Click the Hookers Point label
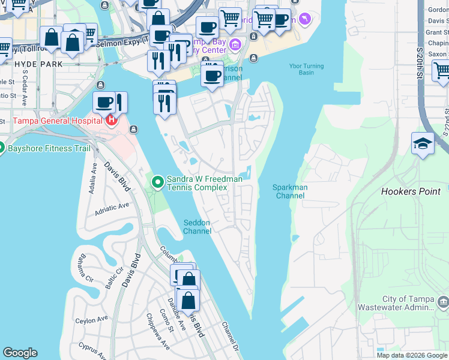(x=411, y=191)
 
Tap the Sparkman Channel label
(x=289, y=191)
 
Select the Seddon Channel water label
(x=197, y=227)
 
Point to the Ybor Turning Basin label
(x=306, y=69)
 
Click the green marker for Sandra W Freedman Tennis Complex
(x=157, y=181)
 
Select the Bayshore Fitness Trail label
(x=48, y=148)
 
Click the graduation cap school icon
(x=423, y=143)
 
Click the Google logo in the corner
(x=20, y=353)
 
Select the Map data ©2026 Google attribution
(x=412, y=355)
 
